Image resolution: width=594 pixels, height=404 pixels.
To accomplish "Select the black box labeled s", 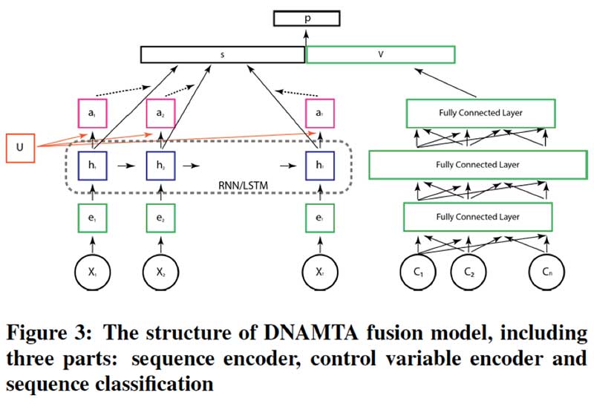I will tap(223, 55).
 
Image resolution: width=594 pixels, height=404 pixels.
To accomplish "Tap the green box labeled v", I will tap(380, 55).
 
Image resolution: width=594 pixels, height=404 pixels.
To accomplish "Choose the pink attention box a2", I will tap(163, 112).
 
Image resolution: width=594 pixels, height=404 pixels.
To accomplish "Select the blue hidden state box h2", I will tap(163, 164).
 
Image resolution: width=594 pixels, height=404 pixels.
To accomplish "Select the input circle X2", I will tap(163, 272).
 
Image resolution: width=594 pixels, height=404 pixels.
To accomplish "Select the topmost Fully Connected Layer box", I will tap(480, 112).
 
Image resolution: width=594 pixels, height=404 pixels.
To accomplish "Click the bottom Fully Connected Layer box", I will tap(477, 217).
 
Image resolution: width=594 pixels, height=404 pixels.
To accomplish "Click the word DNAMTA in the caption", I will tap(244, 330).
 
